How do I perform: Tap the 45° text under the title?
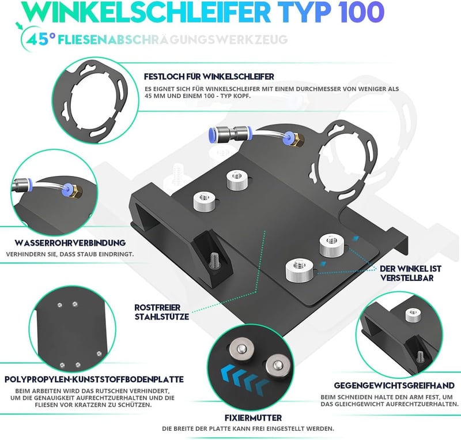click(41, 39)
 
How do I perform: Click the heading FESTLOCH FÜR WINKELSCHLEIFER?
click(209, 77)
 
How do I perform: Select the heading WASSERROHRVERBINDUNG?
click(70, 243)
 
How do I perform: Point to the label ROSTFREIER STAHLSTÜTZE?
click(162, 312)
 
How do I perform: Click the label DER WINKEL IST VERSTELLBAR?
click(411, 273)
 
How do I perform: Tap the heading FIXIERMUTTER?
click(253, 418)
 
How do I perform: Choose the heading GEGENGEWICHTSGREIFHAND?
click(394, 385)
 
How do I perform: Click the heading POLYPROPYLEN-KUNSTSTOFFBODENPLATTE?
click(94, 379)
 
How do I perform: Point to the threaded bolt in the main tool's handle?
click(214, 261)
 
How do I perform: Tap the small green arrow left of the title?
click(20, 25)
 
